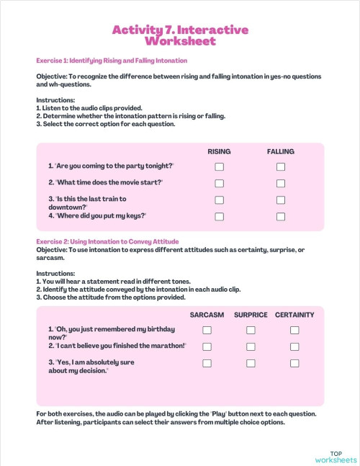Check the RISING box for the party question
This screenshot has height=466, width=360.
(220, 167)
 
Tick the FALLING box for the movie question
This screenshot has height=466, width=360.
(281, 184)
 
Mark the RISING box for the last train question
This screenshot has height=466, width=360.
(220, 200)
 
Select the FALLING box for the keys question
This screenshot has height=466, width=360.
(281, 217)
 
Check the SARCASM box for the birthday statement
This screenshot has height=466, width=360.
(207, 331)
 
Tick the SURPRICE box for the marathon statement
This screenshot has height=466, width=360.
(251, 347)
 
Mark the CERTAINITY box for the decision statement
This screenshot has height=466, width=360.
(294, 364)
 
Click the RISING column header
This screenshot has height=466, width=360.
(219, 152)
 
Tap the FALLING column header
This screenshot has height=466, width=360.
(281, 152)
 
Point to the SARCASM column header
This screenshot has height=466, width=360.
(207, 315)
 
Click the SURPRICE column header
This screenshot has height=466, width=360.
(251, 315)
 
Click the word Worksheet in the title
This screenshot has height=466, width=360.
(180, 41)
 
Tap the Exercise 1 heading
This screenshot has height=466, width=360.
(112, 61)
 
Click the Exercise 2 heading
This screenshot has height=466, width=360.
(107, 241)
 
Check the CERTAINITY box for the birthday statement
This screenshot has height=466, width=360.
(294, 331)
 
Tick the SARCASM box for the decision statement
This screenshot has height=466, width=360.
(207, 364)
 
